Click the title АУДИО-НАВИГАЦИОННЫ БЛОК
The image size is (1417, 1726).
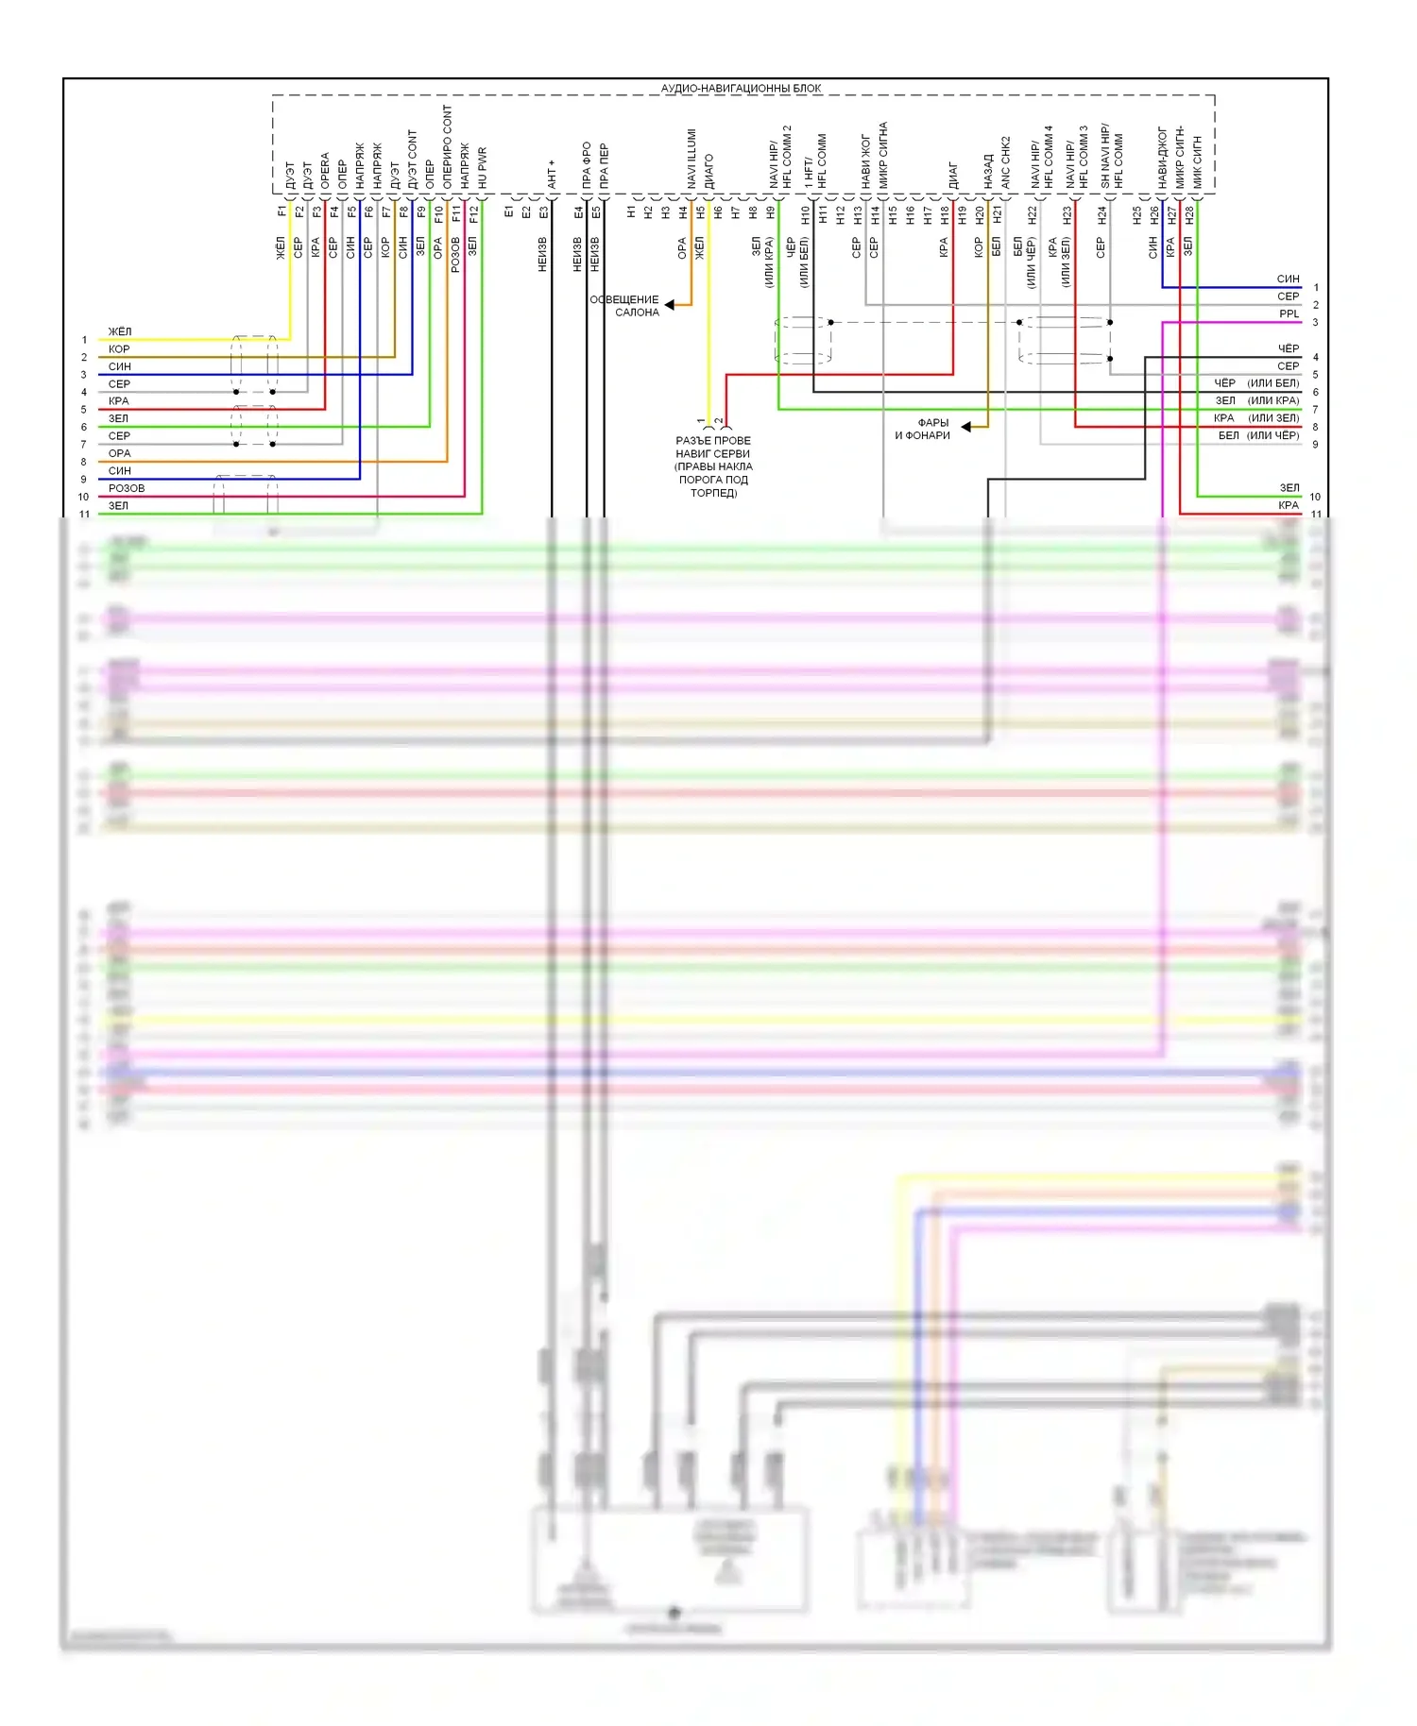click(x=741, y=89)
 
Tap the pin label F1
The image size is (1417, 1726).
click(x=282, y=212)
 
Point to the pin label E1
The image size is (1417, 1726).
click(x=508, y=212)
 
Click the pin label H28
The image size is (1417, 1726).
click(x=1189, y=214)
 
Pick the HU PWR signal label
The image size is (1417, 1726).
click(x=483, y=168)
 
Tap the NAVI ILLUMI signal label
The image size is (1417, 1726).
click(x=691, y=159)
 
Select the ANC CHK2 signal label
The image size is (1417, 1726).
click(x=1006, y=162)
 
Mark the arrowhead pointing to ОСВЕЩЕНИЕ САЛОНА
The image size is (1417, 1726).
click(x=670, y=305)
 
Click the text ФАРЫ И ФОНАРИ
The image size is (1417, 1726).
click(x=923, y=430)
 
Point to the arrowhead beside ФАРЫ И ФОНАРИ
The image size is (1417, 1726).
click(x=966, y=428)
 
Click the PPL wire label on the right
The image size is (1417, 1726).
click(x=1289, y=314)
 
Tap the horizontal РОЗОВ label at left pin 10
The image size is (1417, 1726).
click(x=127, y=489)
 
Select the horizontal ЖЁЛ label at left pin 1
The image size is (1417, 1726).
click(x=120, y=332)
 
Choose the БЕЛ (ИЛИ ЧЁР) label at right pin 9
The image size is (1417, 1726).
click(x=1258, y=436)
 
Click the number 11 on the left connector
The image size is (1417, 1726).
click(x=85, y=515)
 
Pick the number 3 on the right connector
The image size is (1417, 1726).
click(x=1315, y=323)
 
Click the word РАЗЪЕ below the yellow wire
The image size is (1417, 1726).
click(x=693, y=441)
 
